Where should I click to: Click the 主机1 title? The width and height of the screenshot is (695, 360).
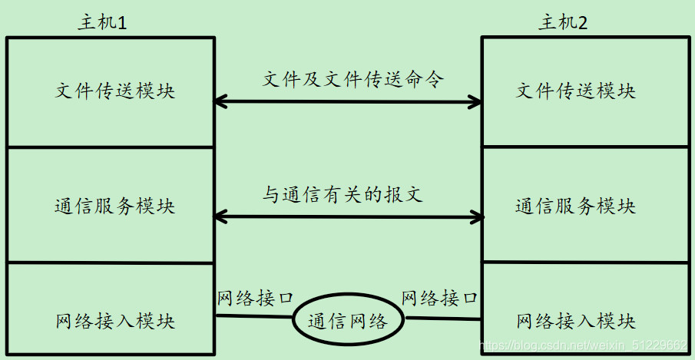(x=101, y=22)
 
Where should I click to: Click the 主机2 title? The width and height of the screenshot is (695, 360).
(x=563, y=22)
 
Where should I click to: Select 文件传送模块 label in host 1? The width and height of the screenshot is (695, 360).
(x=115, y=91)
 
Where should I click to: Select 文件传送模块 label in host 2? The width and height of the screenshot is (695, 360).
(x=576, y=91)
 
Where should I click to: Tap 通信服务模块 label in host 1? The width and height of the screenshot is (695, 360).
(x=115, y=206)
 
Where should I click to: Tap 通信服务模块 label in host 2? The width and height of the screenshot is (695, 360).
(x=576, y=206)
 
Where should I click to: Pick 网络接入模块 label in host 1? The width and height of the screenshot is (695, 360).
(x=115, y=320)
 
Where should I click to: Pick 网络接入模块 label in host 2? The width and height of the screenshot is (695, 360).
(x=576, y=320)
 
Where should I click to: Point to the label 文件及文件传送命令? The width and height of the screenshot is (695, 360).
(x=353, y=79)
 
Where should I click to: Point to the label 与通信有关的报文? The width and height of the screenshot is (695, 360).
(x=343, y=196)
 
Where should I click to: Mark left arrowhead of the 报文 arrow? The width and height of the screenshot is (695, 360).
(x=220, y=217)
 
